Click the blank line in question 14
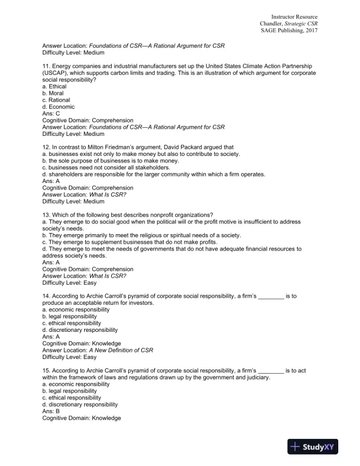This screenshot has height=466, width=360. point(271,295)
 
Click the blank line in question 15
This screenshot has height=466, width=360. point(271,370)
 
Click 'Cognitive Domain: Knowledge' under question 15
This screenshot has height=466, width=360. point(82,418)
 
